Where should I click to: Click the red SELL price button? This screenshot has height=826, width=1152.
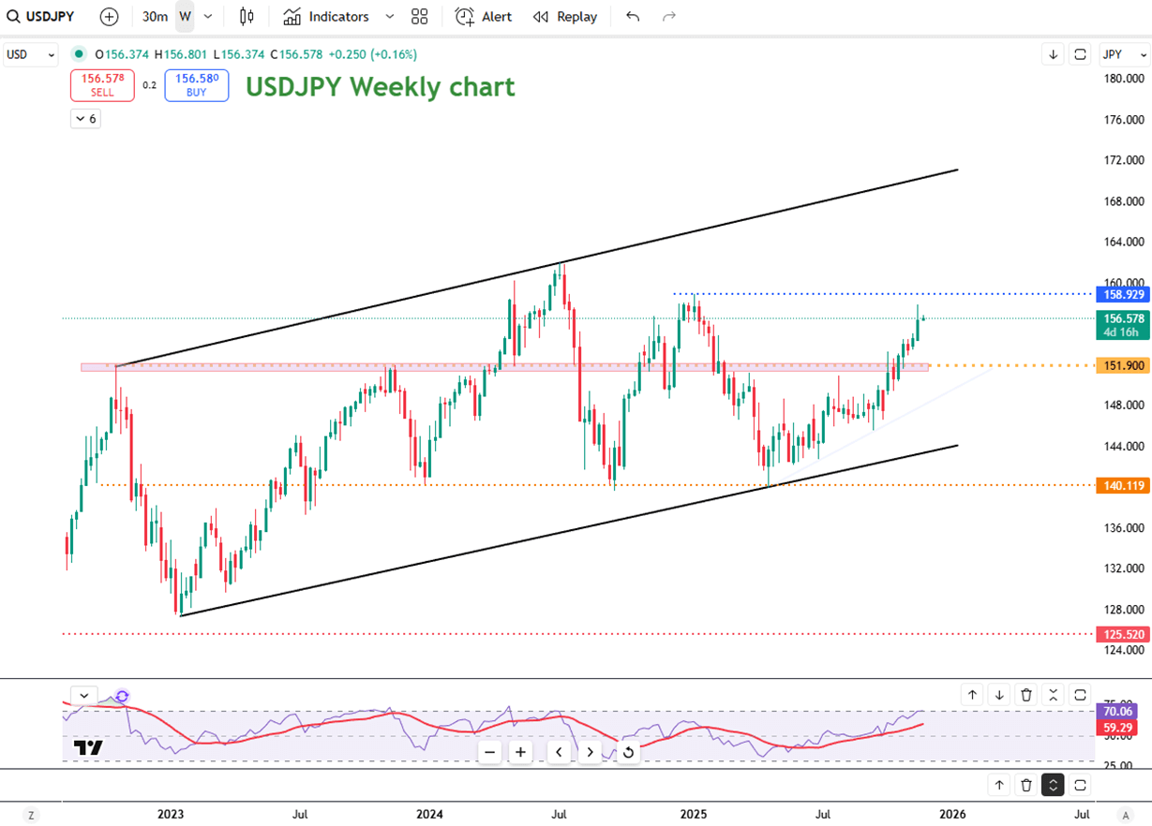point(102,85)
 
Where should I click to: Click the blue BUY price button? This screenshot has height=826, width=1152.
point(196,85)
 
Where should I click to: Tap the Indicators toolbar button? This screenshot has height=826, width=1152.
point(327,17)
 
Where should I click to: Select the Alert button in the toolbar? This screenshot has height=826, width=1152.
point(484,17)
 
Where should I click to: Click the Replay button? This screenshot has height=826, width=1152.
point(564,17)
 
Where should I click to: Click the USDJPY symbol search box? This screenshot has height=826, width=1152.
point(41,17)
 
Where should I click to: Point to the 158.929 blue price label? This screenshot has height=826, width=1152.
point(1121,294)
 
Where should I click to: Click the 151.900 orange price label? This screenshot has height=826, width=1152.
point(1121,365)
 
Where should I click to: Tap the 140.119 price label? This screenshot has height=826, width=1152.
point(1121,485)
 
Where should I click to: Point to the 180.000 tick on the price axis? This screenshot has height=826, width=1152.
point(1124,79)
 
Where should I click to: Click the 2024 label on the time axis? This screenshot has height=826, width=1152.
point(430,814)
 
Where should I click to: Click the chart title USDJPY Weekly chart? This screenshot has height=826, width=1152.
point(380,87)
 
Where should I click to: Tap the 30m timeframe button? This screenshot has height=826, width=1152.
point(155,17)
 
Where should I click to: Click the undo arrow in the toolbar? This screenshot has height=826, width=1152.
point(633,17)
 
